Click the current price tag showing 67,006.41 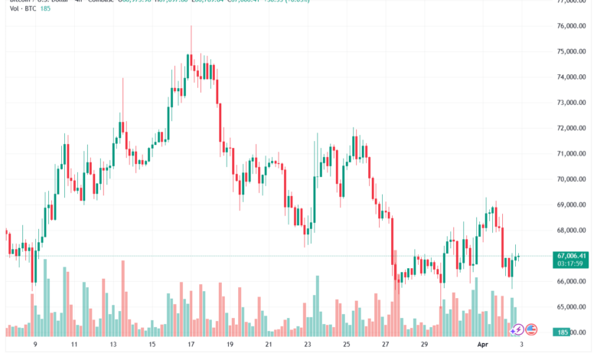(x=572, y=256)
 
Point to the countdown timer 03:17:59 (x=571, y=264)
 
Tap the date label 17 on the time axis (x=190, y=345)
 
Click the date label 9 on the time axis (x=35, y=345)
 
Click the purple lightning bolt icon (x=518, y=330)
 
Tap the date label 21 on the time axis (x=269, y=345)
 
